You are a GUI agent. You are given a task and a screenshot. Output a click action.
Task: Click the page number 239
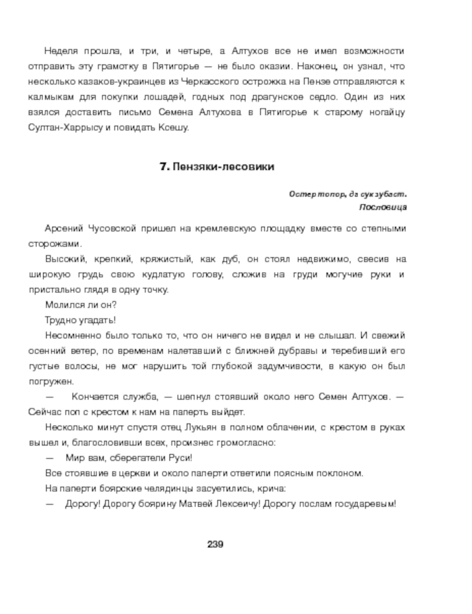[x=214, y=544]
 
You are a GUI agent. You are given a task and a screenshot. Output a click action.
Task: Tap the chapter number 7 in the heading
[x=163, y=167]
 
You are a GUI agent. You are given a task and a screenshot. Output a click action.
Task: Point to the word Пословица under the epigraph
[x=382, y=207]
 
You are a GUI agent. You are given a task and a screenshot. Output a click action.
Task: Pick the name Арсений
[x=64, y=228]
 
